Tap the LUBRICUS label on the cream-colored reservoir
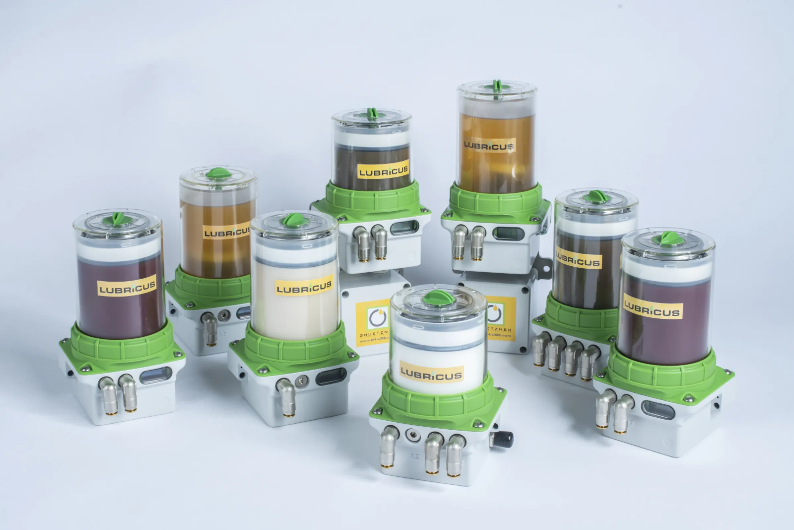coord(304,287)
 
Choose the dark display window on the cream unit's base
coord(331,377)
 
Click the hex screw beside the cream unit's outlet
coord(301,381)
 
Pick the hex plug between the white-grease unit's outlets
coord(412,435)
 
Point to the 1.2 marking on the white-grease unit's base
coord(414,456)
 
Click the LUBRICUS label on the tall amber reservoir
coord(489,145)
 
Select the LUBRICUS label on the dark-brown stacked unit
coord(383,171)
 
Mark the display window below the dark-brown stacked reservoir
coord(404,228)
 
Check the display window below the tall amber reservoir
coord(508,234)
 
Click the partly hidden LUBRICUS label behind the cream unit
coord(226,232)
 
